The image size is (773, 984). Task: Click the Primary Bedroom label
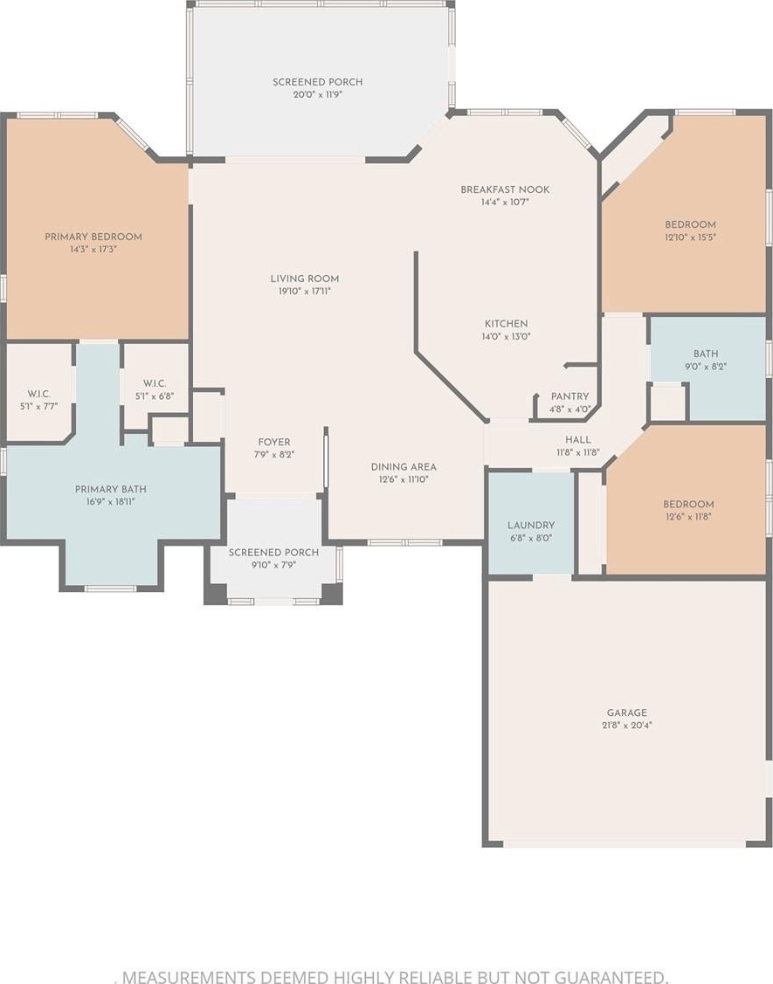[93, 237]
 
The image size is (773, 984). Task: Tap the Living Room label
[305, 279]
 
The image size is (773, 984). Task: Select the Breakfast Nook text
[505, 189]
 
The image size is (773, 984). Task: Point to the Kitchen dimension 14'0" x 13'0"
[506, 336]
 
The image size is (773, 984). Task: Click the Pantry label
[570, 396]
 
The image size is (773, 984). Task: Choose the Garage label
[626, 712]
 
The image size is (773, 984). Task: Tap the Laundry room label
[531, 526]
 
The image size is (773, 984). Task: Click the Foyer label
[274, 442]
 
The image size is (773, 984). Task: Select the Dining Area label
[404, 467]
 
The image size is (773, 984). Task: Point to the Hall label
[577, 440]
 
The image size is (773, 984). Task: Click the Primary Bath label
[111, 490]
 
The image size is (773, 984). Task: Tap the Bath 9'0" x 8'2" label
[706, 354]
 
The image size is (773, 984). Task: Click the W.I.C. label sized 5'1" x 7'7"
[39, 394]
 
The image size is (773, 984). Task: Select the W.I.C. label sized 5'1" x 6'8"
[155, 383]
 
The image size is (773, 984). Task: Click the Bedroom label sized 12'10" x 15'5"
[691, 224]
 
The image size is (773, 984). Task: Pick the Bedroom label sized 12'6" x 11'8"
[689, 505]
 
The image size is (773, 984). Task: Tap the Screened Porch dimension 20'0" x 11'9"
[318, 95]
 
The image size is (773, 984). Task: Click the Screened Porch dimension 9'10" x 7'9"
[273, 565]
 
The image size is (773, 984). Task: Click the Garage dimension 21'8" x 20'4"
[626, 726]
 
